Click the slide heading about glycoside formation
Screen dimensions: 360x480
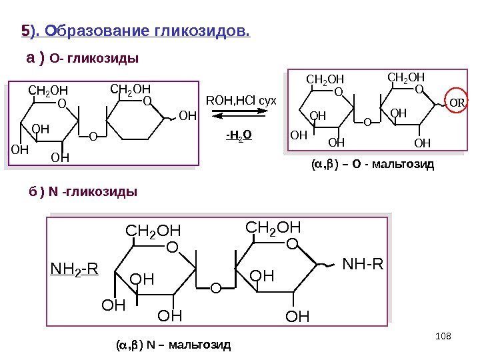(136, 31)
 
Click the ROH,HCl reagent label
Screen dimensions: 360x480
(245, 101)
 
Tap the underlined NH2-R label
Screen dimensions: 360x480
(74, 270)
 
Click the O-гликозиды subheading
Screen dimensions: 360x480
(82, 59)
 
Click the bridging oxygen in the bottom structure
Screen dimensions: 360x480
(215, 288)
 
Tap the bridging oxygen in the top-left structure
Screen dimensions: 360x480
(92, 137)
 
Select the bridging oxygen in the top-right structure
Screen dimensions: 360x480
(367, 123)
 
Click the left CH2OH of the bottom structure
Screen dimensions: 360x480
(153, 231)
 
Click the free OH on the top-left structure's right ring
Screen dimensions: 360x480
(188, 115)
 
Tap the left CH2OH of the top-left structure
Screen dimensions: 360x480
(48, 90)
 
